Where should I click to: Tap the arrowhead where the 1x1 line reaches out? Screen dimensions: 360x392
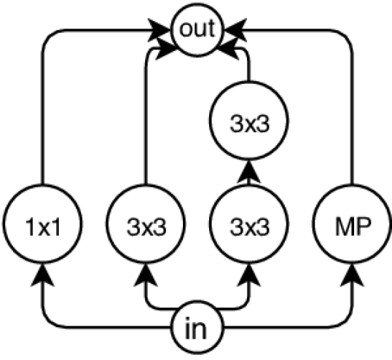click(x=162, y=29)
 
